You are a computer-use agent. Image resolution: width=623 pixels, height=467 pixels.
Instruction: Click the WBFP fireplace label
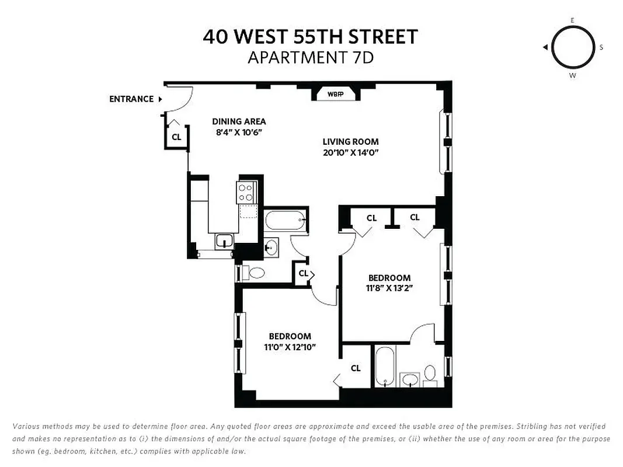pyautogui.click(x=335, y=94)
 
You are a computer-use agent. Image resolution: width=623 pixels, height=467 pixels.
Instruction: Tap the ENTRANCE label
pyautogui.click(x=131, y=99)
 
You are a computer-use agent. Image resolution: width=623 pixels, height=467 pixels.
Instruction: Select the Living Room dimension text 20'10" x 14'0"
pyautogui.click(x=351, y=153)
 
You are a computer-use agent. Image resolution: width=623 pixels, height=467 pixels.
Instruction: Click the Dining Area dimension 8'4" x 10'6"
pyautogui.click(x=239, y=133)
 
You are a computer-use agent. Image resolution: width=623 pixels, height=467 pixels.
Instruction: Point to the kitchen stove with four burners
pyautogui.click(x=246, y=192)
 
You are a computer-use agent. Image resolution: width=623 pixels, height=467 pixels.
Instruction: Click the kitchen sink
pyautogui.click(x=224, y=241)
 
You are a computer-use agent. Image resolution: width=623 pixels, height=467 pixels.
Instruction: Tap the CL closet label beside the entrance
pyautogui.click(x=176, y=137)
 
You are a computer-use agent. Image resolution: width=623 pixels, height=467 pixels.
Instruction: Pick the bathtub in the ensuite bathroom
pyautogui.click(x=385, y=367)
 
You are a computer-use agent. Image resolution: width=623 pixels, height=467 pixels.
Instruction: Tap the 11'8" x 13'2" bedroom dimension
pyautogui.click(x=389, y=288)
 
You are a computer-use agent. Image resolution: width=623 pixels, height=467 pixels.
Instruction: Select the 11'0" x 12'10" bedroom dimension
pyautogui.click(x=290, y=347)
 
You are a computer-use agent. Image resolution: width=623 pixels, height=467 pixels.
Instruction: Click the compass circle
pyautogui.click(x=572, y=47)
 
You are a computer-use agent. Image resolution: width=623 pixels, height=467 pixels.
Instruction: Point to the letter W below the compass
pyautogui.click(x=572, y=76)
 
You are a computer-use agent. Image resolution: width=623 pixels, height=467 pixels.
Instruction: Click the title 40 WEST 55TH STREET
pyautogui.click(x=311, y=37)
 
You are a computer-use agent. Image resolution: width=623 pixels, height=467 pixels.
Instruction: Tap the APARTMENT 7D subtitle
pyautogui.click(x=311, y=58)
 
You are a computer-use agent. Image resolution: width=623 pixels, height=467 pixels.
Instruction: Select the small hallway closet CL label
pyautogui.click(x=303, y=273)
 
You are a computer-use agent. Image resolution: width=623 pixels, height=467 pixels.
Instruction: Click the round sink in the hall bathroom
pyautogui.click(x=271, y=246)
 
